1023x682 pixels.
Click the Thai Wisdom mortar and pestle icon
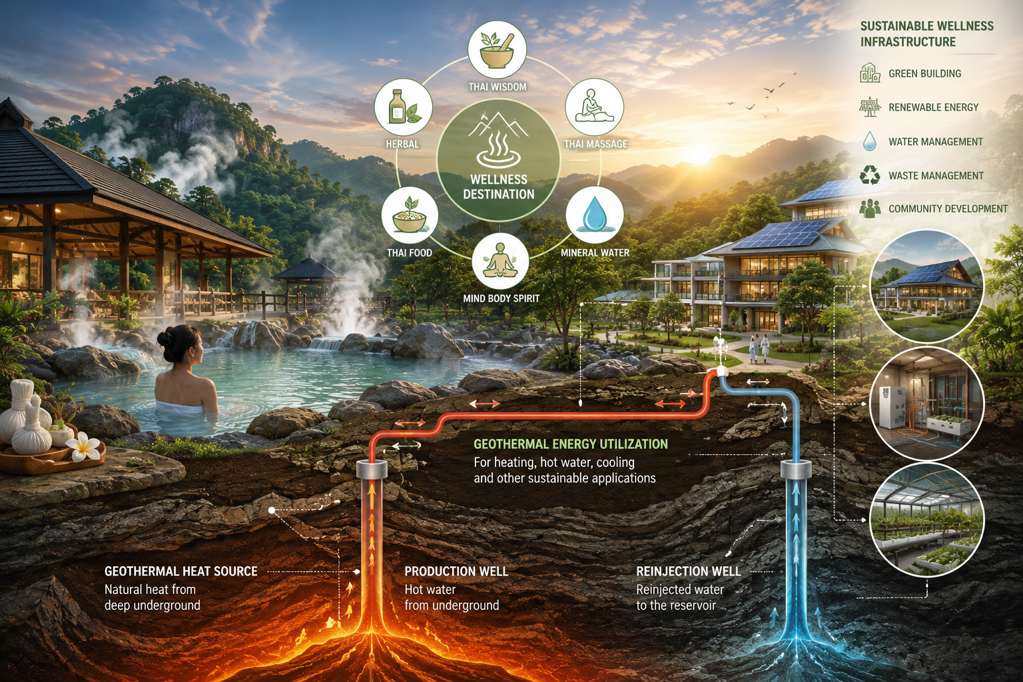pos(498,49)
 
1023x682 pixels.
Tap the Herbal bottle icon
pos(403,107)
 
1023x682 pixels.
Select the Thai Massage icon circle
pos(594,107)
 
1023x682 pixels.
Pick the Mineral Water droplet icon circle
pos(595,214)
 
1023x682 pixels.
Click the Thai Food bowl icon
pos(410,215)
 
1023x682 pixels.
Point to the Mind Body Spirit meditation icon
pos(500,261)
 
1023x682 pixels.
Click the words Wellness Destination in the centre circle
pos(499,187)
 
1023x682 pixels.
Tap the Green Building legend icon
pos(870,73)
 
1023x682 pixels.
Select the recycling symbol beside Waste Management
pos(870,175)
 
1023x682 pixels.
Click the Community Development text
pos(948,208)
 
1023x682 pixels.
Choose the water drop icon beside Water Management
pos(870,141)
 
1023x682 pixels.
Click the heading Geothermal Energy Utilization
pos(570,444)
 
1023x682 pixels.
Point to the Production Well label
pos(456,571)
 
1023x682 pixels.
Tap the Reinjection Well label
pos(688,571)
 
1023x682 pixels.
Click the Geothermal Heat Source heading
pos(181,571)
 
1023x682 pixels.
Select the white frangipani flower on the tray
pos(83,447)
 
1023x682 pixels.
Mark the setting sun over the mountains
pos(698,154)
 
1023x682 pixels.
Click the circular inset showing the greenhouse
pos(927,520)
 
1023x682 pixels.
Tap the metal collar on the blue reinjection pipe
pos(796,470)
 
